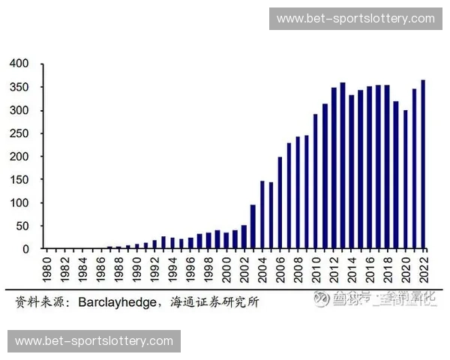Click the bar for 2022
[x=423, y=164]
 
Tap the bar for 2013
[x=343, y=166]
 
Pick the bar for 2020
[x=405, y=179]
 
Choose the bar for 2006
[x=280, y=202]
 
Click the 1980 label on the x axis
[x=46, y=267]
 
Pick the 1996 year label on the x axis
[x=190, y=267]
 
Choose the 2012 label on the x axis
[x=334, y=267]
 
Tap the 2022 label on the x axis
[x=424, y=267]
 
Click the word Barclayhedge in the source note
[x=114, y=302]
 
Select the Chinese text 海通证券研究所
[x=214, y=302]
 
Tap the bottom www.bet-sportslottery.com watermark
[x=94, y=341]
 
